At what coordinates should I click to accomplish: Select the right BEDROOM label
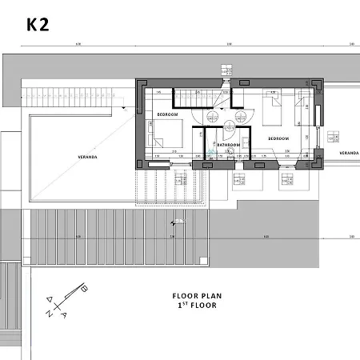pos(278,138)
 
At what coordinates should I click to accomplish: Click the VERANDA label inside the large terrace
pos(87,157)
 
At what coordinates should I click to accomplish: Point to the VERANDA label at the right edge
pos(348,152)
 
